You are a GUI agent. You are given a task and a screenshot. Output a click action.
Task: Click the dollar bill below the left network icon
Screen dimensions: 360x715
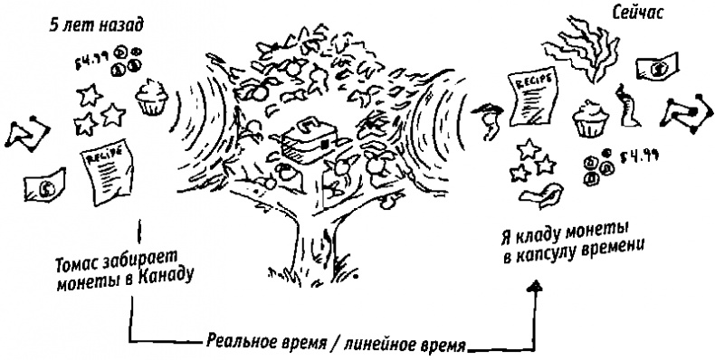pyautogui.click(x=41, y=187)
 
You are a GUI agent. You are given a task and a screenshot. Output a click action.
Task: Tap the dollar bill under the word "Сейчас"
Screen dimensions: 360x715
pyautogui.click(x=657, y=67)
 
